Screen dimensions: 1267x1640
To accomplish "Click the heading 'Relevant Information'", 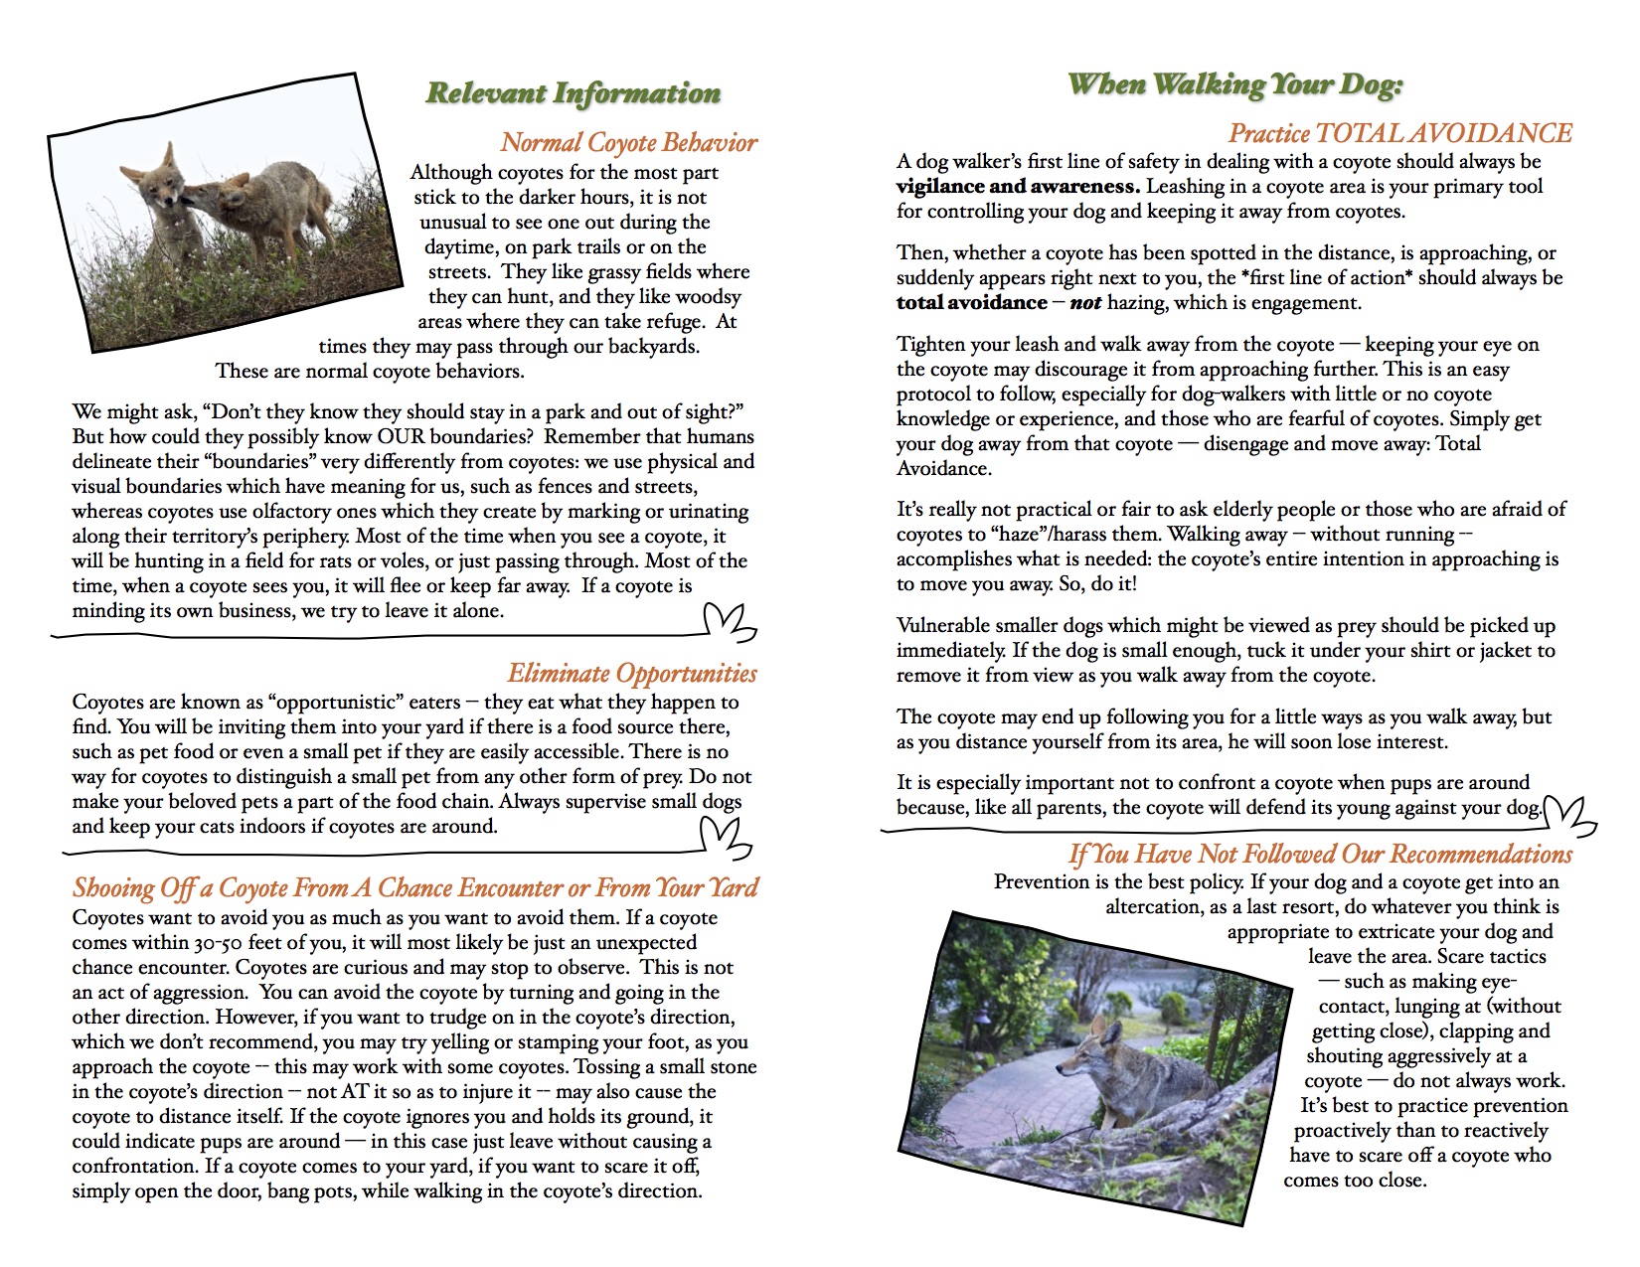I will [x=573, y=93].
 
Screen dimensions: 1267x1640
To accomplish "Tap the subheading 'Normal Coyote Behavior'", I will [x=628, y=143].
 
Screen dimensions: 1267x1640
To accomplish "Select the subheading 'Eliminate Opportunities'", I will [x=632, y=674].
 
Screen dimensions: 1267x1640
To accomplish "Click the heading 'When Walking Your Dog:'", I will [x=1234, y=84].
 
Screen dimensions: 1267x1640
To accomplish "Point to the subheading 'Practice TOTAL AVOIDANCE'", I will [x=1399, y=133].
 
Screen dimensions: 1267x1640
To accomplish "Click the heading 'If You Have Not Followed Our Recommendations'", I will [x=1320, y=855].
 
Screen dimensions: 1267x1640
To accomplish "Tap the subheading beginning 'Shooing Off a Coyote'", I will [x=414, y=888].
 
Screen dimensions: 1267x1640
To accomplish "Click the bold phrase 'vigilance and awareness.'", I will [x=1018, y=186].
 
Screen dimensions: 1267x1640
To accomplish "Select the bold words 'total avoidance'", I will [x=971, y=302].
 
